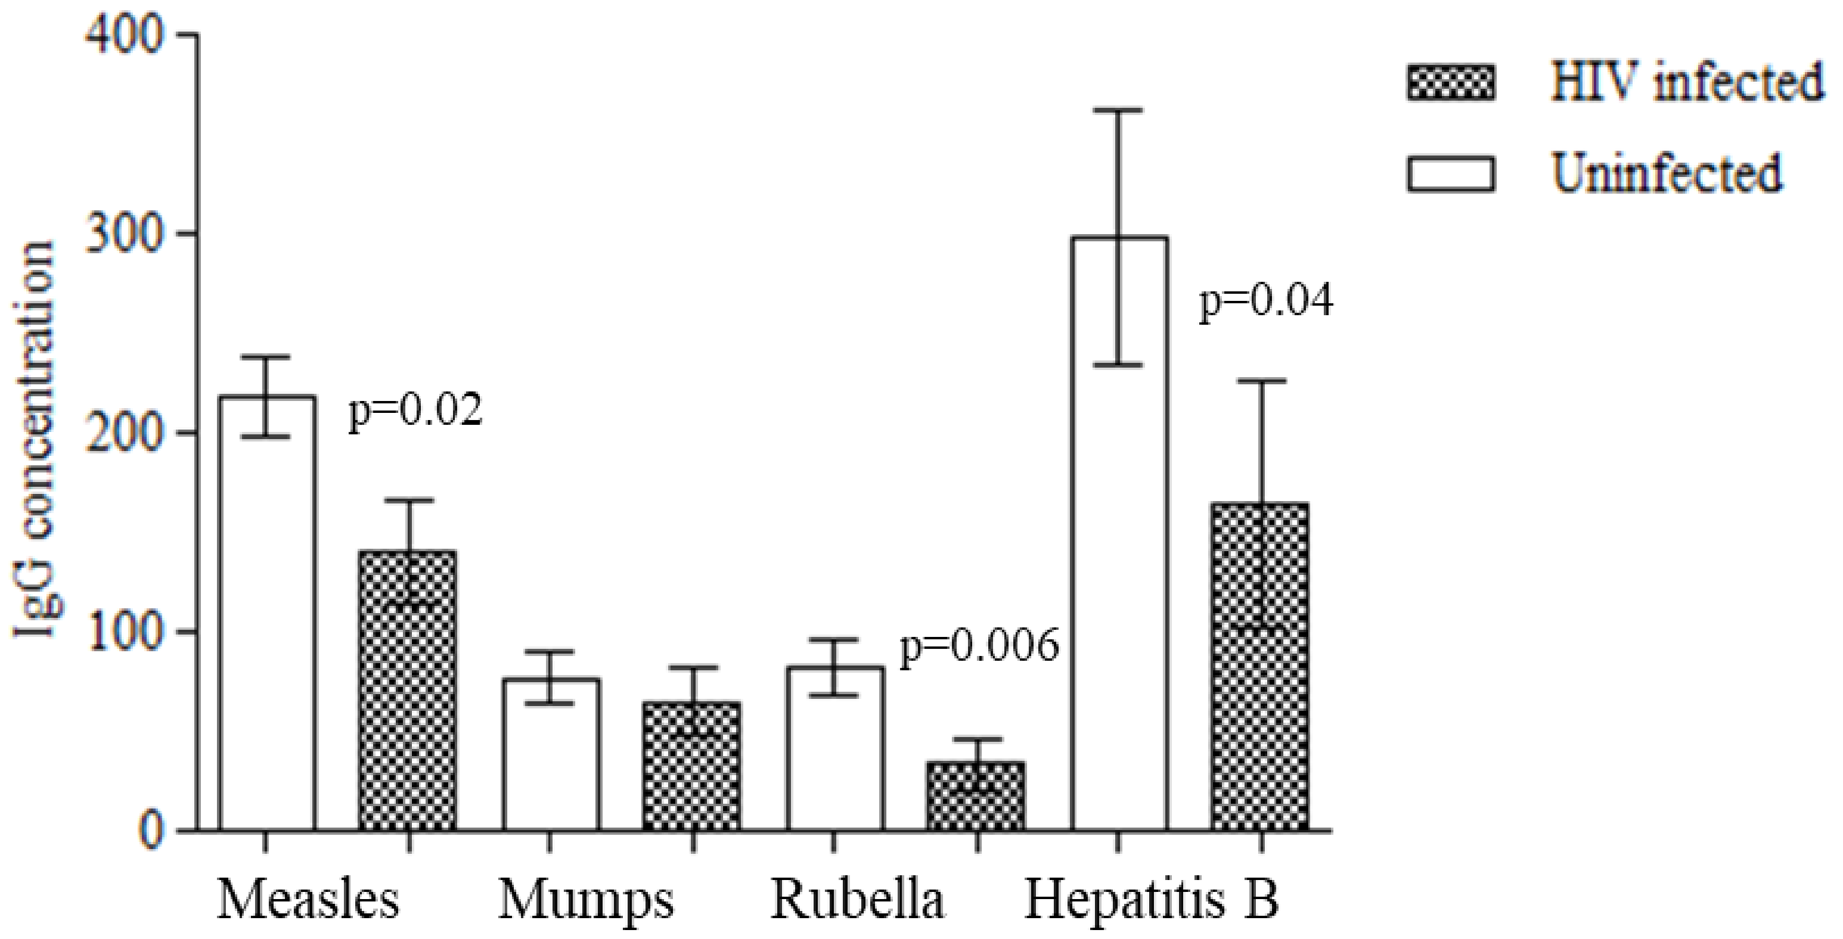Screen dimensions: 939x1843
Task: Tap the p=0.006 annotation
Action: (x=979, y=646)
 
